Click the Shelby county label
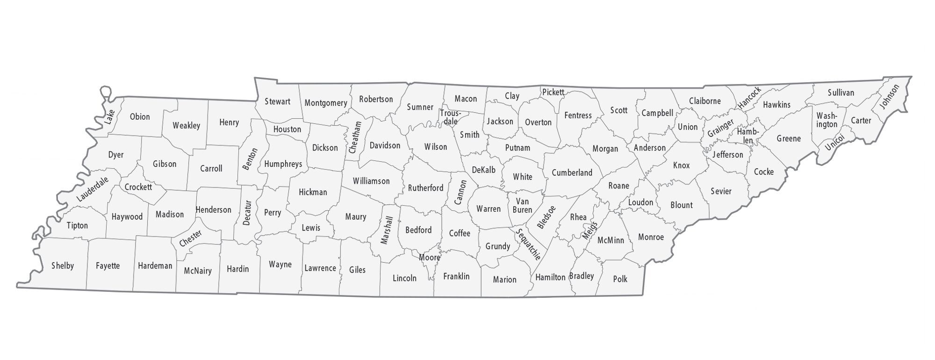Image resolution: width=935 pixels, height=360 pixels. (63, 266)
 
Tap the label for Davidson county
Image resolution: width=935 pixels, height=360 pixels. (385, 145)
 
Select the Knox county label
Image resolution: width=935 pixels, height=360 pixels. (681, 165)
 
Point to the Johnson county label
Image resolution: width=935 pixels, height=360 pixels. (889, 97)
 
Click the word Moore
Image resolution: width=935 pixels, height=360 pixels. (429, 258)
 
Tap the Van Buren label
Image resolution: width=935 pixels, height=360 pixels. (522, 206)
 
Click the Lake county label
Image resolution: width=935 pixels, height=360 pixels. (109, 116)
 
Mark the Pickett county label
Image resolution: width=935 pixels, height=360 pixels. (553, 93)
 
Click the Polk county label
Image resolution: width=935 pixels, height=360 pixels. (620, 279)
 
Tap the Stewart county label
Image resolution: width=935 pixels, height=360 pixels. (277, 101)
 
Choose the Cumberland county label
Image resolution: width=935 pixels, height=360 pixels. (572, 173)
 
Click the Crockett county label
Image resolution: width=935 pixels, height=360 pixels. (138, 187)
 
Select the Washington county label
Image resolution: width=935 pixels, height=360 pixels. (827, 120)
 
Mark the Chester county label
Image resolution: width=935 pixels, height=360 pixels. (191, 238)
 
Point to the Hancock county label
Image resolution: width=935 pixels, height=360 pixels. (749, 97)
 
